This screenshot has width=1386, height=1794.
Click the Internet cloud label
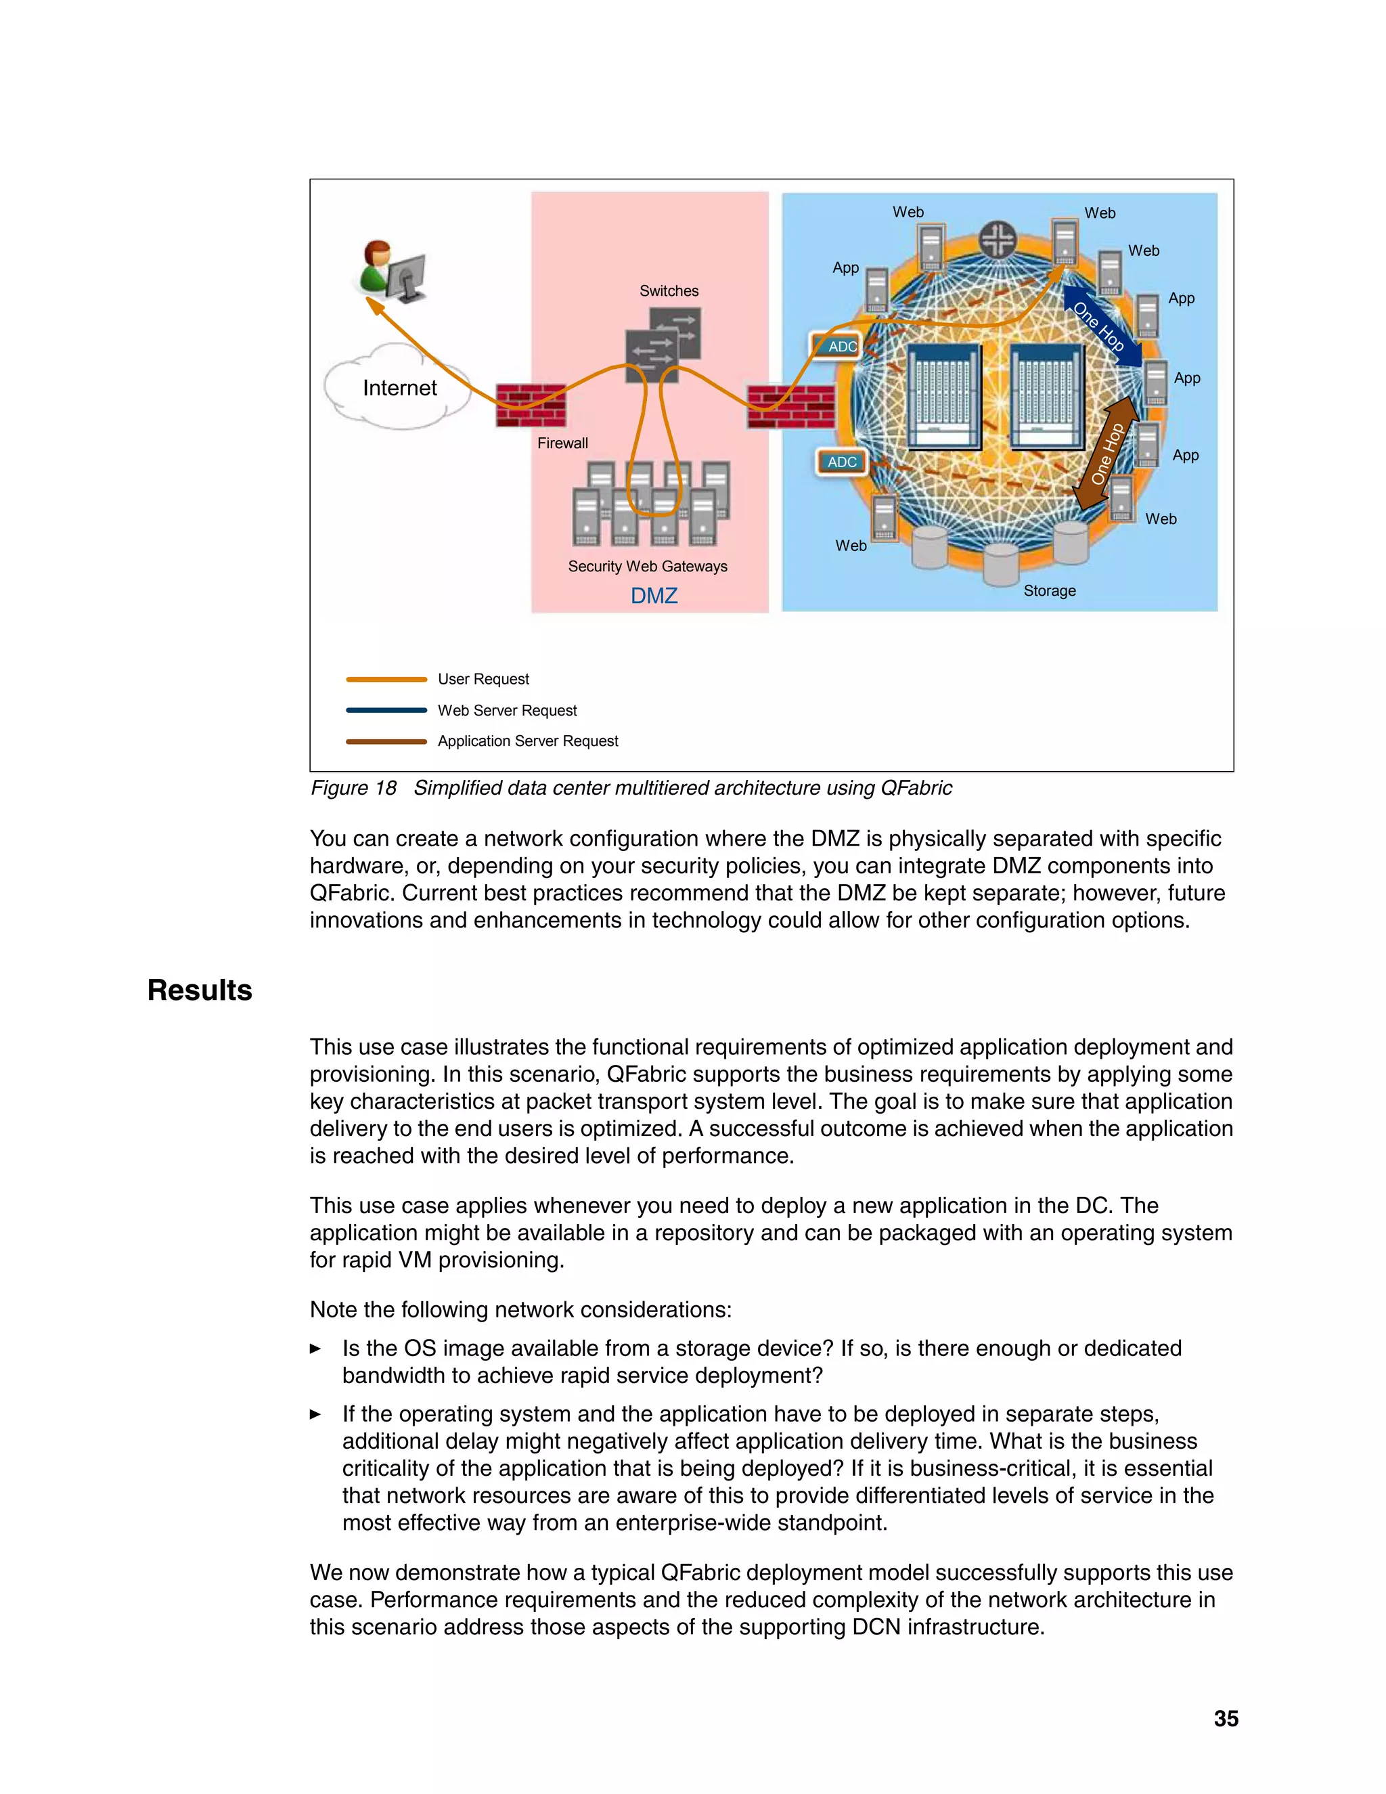[399, 388]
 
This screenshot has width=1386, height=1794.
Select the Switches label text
[669, 291]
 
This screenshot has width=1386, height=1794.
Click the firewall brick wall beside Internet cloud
[531, 405]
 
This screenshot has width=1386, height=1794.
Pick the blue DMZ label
[654, 596]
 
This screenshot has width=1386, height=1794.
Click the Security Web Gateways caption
[647, 566]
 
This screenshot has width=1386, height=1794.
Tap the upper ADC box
[836, 346]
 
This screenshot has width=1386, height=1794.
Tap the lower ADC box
[841, 462]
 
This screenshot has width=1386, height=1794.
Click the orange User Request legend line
[386, 679]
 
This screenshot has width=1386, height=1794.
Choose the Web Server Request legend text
[507, 711]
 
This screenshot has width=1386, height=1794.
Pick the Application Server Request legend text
[527, 741]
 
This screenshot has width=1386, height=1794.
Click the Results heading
[200, 990]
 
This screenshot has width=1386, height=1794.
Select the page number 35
[1225, 1718]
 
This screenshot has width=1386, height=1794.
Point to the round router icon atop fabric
[998, 240]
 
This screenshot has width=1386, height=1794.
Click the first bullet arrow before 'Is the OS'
[315, 1349]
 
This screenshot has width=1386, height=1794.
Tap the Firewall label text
[562, 443]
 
